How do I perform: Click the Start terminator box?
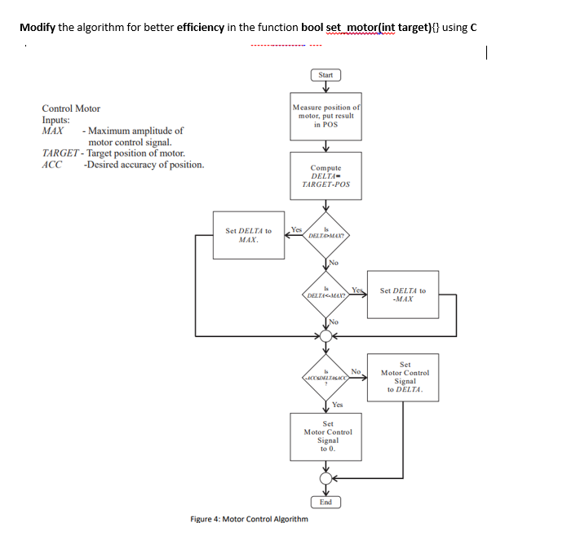pyautogui.click(x=326, y=75)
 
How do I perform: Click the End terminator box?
pyautogui.click(x=326, y=502)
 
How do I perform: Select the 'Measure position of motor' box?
pyautogui.click(x=326, y=116)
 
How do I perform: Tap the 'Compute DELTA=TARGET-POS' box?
pyautogui.click(x=326, y=176)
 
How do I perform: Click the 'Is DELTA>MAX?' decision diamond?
pyautogui.click(x=326, y=233)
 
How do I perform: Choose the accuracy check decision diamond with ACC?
pyautogui.click(x=326, y=378)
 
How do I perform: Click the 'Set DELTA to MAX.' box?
pyautogui.click(x=249, y=236)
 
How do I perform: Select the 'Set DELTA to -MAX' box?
pyautogui.click(x=402, y=295)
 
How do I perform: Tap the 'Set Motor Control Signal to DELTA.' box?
pyautogui.click(x=405, y=377)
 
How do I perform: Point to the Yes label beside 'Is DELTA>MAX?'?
pyautogui.click(x=295, y=229)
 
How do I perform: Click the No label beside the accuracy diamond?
pyautogui.click(x=356, y=370)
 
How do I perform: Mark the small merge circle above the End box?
pyautogui.click(x=326, y=478)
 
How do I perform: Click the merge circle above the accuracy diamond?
pyautogui.click(x=326, y=335)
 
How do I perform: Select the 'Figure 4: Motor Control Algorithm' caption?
pyautogui.click(x=249, y=519)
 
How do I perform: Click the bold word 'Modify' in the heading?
pyautogui.click(x=37, y=27)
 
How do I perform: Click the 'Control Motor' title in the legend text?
pyautogui.click(x=71, y=108)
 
